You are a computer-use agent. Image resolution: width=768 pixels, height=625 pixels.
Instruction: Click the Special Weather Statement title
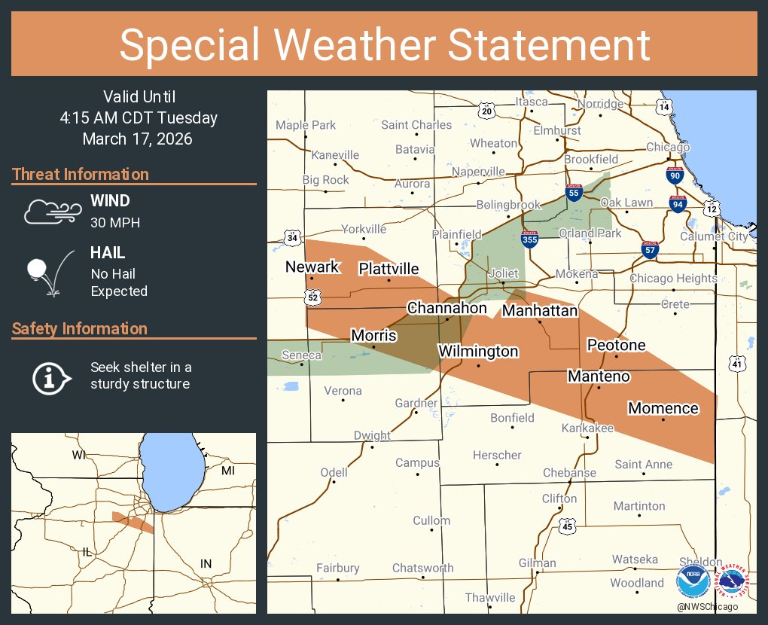(384, 45)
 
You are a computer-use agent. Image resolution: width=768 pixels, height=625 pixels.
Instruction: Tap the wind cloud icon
(50, 212)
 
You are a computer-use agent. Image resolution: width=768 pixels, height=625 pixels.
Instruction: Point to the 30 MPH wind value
(115, 223)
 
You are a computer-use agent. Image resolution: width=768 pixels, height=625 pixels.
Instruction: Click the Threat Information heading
(81, 175)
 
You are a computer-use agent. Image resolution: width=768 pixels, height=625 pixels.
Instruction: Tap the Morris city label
(373, 336)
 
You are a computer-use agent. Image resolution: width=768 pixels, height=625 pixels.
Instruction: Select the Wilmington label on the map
(478, 352)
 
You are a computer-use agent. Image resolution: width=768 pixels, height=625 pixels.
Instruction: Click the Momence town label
(663, 408)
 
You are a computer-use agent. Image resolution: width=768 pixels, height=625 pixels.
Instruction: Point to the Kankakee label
(587, 428)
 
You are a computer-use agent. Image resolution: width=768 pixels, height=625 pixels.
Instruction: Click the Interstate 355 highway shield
(529, 239)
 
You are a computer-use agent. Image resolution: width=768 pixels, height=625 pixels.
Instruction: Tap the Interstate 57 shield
(650, 249)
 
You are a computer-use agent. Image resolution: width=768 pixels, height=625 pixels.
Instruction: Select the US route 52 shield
(312, 298)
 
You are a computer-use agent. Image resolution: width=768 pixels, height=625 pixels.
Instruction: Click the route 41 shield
(736, 364)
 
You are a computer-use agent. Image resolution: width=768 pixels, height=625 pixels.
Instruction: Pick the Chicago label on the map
(667, 147)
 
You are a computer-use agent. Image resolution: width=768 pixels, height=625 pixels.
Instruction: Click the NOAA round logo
(692, 582)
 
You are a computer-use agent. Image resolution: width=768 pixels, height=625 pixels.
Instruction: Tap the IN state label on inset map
(206, 563)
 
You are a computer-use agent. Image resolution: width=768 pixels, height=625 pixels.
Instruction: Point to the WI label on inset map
(79, 455)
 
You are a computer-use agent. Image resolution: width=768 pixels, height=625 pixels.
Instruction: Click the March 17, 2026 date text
(137, 139)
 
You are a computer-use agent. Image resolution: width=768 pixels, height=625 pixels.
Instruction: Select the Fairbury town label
(338, 568)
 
